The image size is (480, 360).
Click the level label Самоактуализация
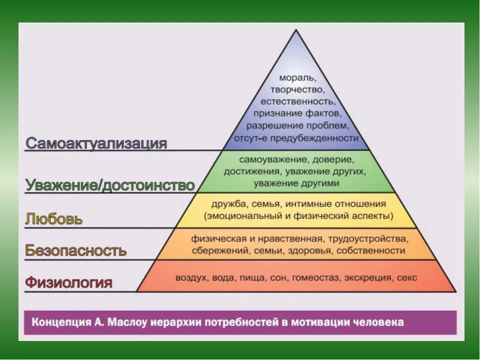point(96,143)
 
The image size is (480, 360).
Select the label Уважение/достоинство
point(110,185)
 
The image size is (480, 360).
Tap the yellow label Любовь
point(54,219)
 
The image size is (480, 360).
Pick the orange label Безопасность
point(75,250)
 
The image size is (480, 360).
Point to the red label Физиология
point(68,282)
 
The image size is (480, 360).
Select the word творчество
point(296,89)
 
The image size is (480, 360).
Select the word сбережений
point(218,250)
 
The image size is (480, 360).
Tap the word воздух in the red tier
point(191,278)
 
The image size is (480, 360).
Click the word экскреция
point(369,278)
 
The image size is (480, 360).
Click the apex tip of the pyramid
point(296,29)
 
